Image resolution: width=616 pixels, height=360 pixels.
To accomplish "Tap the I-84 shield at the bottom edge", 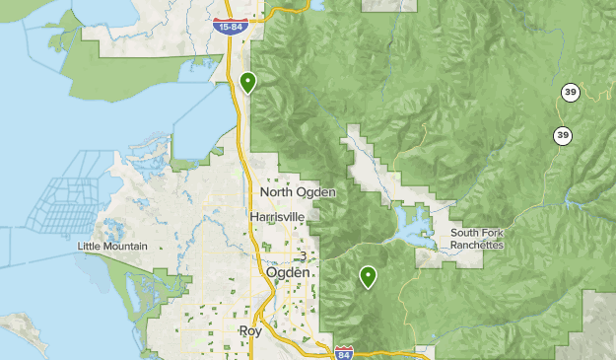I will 343,351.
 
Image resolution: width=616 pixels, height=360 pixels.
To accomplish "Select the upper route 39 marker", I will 571,93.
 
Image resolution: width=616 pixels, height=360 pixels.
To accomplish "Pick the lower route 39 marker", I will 562,135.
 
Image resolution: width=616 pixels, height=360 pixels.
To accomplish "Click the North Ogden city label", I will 298,192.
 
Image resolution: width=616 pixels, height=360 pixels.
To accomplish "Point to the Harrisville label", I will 278,216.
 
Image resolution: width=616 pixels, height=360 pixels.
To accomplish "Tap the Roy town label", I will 250,331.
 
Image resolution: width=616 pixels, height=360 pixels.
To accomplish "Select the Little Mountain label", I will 112,246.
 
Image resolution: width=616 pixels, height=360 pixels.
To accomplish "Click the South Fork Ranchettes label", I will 477,239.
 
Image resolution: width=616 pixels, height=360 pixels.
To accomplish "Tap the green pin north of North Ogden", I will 248,82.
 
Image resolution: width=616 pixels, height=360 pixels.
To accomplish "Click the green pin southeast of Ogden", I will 369,276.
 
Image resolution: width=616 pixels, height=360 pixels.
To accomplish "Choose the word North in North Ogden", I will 278,192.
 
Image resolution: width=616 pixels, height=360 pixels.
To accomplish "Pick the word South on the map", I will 464,233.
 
